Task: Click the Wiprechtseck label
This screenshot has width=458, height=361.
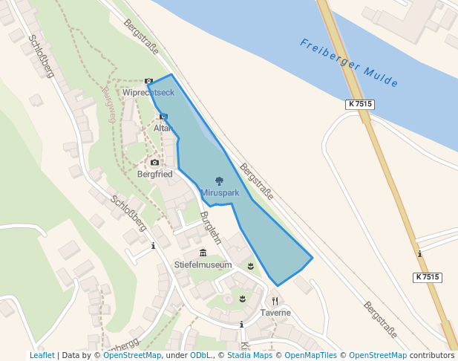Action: [x=148, y=93]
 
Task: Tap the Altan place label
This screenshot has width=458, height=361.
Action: [x=163, y=128]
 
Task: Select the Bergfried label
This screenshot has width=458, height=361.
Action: [x=154, y=174]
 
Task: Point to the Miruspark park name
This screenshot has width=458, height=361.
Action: [x=220, y=192]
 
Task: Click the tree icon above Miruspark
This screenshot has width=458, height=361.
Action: [x=219, y=181]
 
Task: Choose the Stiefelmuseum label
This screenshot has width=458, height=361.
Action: [x=203, y=264]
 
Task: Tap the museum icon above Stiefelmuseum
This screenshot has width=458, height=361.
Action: [x=203, y=253]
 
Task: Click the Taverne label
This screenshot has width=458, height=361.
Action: [x=275, y=313]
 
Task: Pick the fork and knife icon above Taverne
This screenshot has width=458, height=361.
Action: [x=275, y=301]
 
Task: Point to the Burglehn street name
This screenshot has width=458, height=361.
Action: [x=211, y=228]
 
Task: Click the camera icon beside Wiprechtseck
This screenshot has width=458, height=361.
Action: [x=148, y=81]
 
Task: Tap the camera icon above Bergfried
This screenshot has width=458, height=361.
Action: [x=154, y=162]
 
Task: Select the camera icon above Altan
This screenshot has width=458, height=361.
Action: [x=163, y=117]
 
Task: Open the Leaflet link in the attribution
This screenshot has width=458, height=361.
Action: [x=42, y=355]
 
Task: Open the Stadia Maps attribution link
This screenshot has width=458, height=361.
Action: [x=249, y=355]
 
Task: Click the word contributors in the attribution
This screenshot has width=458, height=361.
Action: [x=432, y=355]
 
